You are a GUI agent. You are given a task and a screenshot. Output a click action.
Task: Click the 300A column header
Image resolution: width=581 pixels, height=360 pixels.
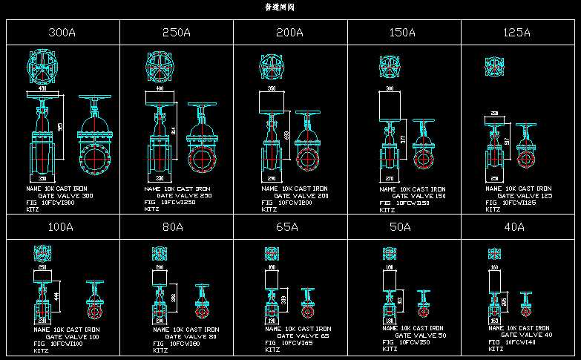click(62, 33)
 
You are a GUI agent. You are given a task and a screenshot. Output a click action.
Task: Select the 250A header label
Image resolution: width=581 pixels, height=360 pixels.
click(177, 33)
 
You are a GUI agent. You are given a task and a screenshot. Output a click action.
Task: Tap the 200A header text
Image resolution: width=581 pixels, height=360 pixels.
click(289, 33)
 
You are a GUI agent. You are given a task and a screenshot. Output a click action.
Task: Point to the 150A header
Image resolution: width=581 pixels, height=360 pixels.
click(402, 33)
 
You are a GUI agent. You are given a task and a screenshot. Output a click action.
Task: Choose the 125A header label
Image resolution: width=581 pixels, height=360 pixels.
click(516, 33)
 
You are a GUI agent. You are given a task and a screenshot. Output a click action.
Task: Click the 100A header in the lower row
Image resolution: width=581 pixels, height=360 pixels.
click(60, 227)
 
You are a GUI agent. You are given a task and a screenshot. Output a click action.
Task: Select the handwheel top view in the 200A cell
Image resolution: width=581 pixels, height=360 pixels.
click(272, 66)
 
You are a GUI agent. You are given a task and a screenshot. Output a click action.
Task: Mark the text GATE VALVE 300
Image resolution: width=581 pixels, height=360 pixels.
click(66, 196)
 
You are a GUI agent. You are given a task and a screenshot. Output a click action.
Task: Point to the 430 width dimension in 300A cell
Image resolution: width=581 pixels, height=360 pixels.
click(42, 89)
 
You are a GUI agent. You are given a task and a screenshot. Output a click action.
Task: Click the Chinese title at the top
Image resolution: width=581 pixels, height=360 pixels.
click(280, 7)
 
